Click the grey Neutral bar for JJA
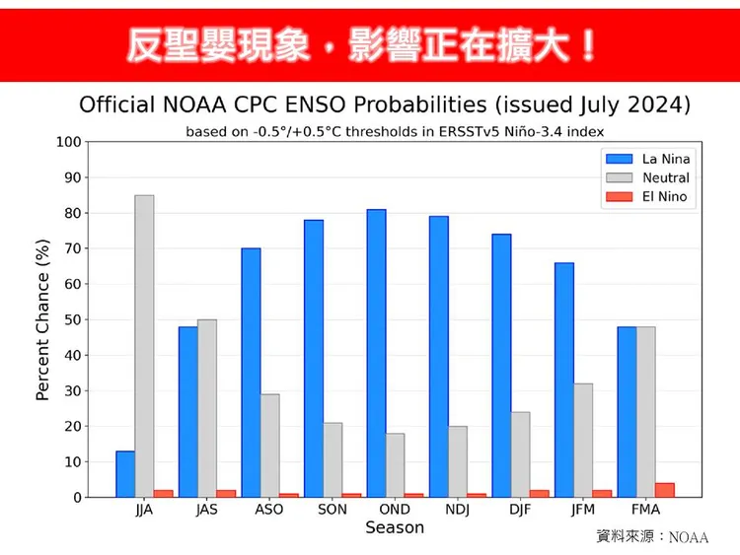point(144,346)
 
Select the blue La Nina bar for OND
point(376,353)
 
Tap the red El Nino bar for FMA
point(665,490)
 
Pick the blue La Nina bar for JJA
point(125,474)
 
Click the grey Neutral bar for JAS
point(207,408)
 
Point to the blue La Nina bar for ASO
point(251,373)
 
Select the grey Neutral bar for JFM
point(583,440)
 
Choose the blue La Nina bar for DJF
point(501,366)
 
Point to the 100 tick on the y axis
point(68,142)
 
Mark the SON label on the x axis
point(332,510)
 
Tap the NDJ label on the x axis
point(458,510)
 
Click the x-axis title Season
point(395,528)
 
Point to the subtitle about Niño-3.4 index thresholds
point(395,130)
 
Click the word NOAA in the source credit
point(689,537)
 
